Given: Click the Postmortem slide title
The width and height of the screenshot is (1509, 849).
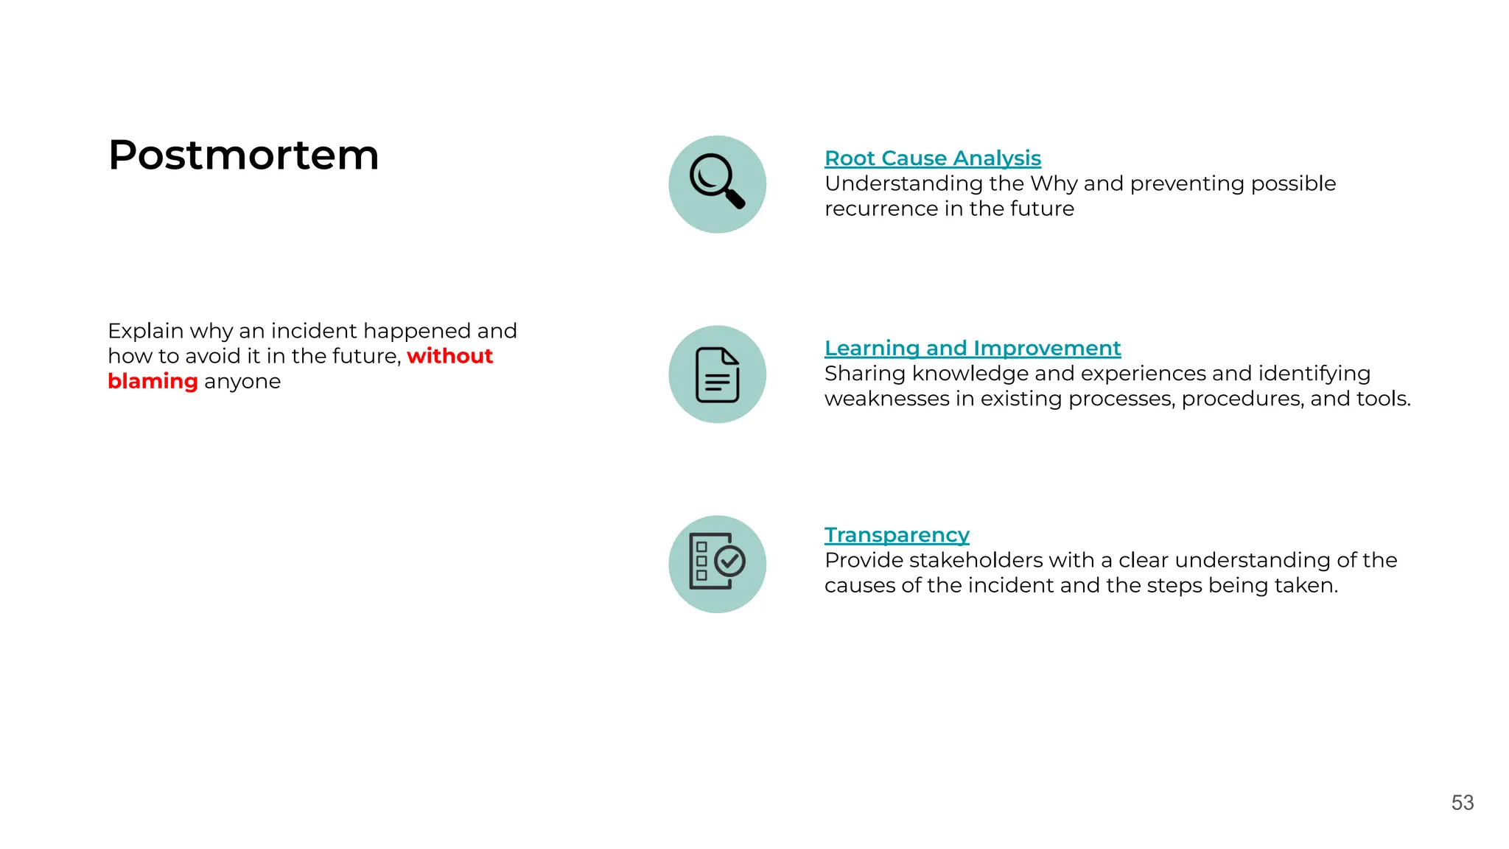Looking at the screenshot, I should coord(243,156).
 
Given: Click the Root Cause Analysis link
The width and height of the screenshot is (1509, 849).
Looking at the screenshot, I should coord(932,158).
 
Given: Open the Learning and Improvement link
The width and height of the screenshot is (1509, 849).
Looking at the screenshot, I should coord(972,348).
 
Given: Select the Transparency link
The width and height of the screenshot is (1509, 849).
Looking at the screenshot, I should coord(896,535).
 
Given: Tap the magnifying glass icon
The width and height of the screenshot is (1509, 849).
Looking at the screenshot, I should coord(717,181).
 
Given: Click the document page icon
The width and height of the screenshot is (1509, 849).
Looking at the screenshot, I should coord(717,374).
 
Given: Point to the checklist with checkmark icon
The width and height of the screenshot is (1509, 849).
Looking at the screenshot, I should coord(716,563).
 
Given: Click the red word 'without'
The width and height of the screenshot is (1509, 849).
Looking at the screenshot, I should coord(449,356).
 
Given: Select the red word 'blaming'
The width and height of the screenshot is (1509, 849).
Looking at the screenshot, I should coord(153,382).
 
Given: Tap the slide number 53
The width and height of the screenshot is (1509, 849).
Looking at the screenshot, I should coord(1462,803).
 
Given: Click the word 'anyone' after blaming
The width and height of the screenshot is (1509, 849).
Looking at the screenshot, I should coord(242,382).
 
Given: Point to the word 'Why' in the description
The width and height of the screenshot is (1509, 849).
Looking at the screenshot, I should coord(1054,184).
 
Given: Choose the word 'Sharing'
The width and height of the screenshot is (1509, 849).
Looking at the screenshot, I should coord(865,374).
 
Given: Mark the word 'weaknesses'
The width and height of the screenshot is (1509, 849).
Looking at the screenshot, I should coord(887,399).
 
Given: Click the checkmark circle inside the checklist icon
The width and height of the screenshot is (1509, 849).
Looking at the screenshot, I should coord(730,562).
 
